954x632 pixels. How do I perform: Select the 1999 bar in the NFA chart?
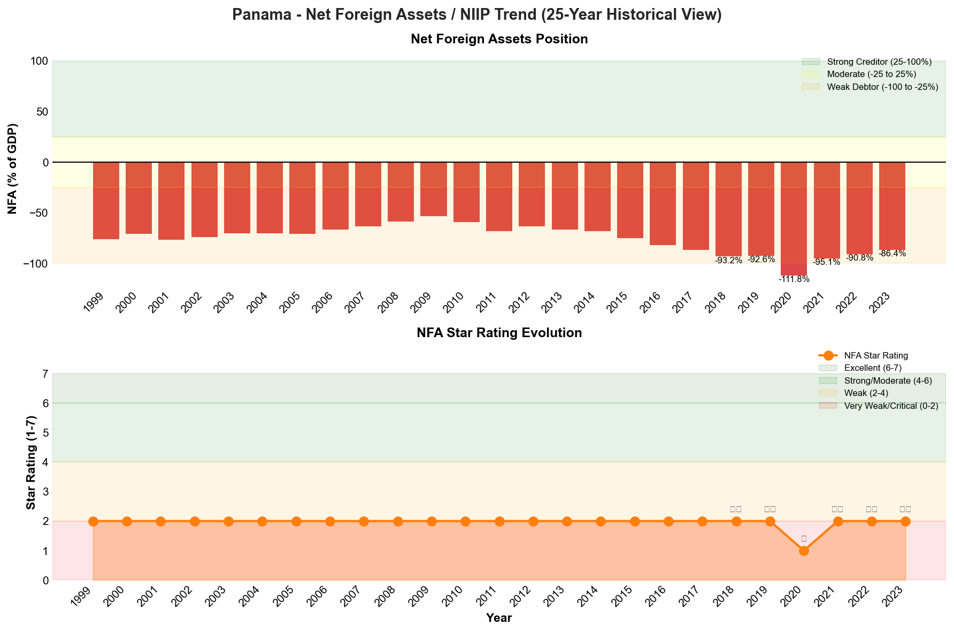click(x=106, y=201)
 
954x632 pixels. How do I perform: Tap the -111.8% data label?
click(x=794, y=279)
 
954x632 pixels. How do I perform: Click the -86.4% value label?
click(x=892, y=254)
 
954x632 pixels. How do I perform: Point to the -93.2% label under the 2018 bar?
click(x=728, y=261)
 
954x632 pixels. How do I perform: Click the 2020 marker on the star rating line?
click(x=804, y=551)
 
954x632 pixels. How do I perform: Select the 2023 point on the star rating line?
click(x=905, y=521)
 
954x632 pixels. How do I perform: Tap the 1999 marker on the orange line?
click(x=93, y=521)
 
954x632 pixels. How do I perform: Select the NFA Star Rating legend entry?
click(x=875, y=355)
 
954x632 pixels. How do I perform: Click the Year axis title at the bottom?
click(x=499, y=618)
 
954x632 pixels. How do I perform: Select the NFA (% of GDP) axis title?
click(x=12, y=169)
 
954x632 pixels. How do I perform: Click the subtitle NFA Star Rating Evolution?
click(x=499, y=333)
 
